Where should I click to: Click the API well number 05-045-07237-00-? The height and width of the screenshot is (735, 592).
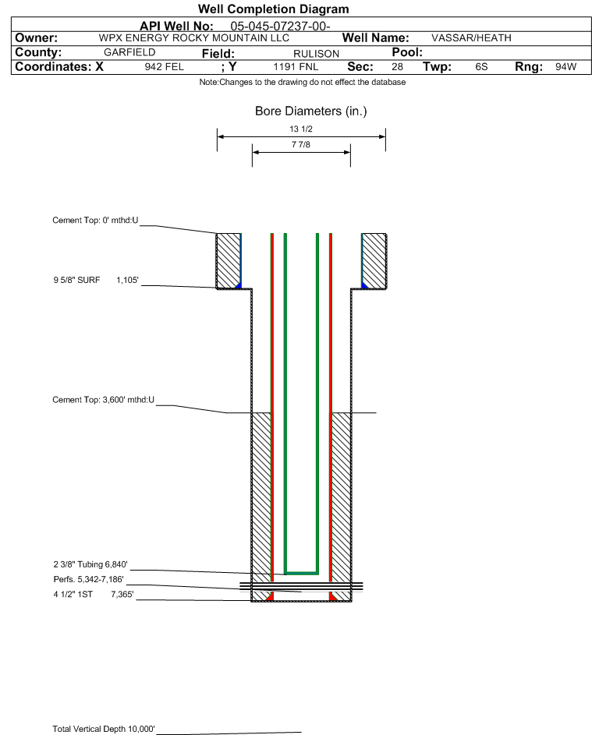click(281, 26)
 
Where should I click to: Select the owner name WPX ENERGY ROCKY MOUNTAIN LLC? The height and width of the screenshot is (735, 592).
click(194, 38)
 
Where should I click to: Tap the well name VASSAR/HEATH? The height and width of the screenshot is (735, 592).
click(471, 38)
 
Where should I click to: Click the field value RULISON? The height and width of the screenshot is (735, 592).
click(316, 53)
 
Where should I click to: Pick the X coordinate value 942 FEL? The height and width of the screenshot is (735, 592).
click(164, 67)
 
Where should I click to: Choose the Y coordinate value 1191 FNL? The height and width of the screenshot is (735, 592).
click(296, 67)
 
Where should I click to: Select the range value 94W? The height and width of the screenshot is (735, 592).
click(565, 67)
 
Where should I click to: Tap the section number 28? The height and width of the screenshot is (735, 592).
click(397, 67)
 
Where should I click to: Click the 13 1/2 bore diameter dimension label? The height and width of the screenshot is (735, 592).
click(301, 129)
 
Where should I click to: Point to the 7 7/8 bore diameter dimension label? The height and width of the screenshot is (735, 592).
click(301, 145)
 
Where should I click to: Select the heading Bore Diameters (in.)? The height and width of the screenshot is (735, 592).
click(310, 111)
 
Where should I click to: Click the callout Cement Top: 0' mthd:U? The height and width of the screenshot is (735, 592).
click(95, 221)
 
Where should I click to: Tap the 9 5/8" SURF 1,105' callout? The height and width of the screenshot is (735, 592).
click(96, 279)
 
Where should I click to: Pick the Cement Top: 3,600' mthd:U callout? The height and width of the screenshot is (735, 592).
click(104, 400)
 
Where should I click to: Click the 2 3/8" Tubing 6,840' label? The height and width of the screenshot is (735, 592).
click(90, 564)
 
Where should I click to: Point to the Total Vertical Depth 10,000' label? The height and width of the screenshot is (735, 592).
click(104, 729)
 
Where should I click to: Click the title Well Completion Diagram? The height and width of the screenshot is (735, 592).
click(274, 9)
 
